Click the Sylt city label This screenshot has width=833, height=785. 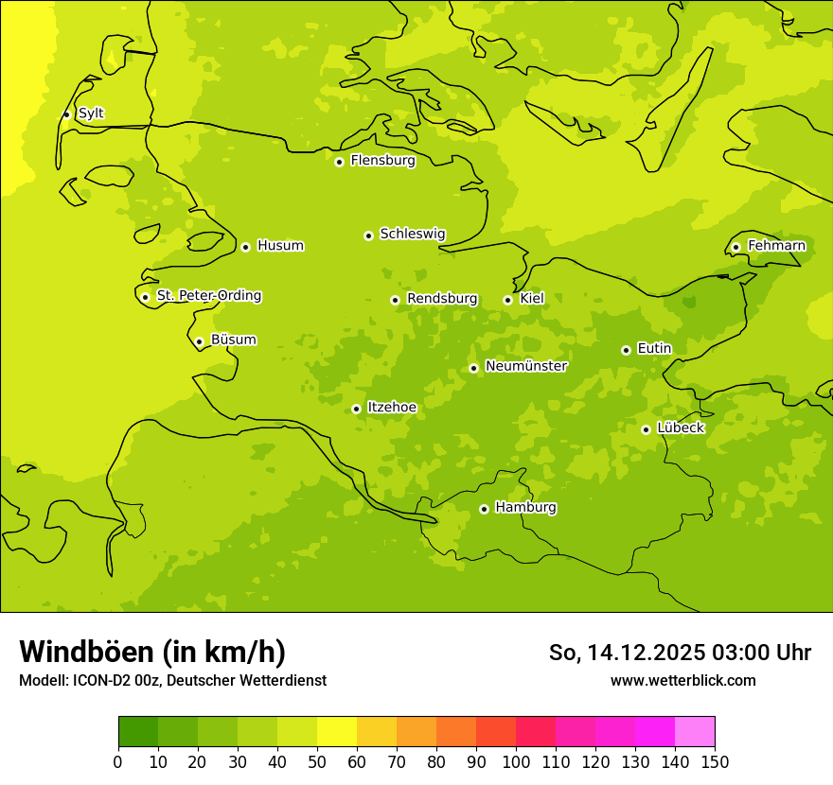pyautogui.click(x=91, y=113)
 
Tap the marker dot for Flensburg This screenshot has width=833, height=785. pyautogui.click(x=339, y=162)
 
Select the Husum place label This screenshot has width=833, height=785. pyautogui.click(x=280, y=246)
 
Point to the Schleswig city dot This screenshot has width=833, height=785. pyautogui.click(x=368, y=235)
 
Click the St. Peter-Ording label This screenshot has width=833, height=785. pyautogui.click(x=208, y=296)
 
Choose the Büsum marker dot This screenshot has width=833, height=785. pyautogui.click(x=199, y=341)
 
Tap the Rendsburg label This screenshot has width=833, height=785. pyautogui.click(x=442, y=299)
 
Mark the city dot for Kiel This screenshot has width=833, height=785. pyautogui.click(x=507, y=300)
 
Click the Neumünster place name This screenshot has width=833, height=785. pyautogui.click(x=526, y=366)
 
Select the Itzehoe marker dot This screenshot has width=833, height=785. pyautogui.click(x=356, y=409)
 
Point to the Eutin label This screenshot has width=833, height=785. pyautogui.click(x=654, y=349)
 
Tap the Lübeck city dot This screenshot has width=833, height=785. pyautogui.click(x=646, y=429)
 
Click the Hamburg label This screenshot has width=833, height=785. pyautogui.click(x=525, y=508)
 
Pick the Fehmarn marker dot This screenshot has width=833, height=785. pyautogui.click(x=736, y=247)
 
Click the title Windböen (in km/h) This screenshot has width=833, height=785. pyautogui.click(x=152, y=652)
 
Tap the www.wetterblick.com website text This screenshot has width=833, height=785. pyautogui.click(x=682, y=680)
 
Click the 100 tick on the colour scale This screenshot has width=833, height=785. pyautogui.click(x=516, y=761)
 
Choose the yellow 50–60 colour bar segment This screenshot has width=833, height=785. pyautogui.click(x=337, y=732)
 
